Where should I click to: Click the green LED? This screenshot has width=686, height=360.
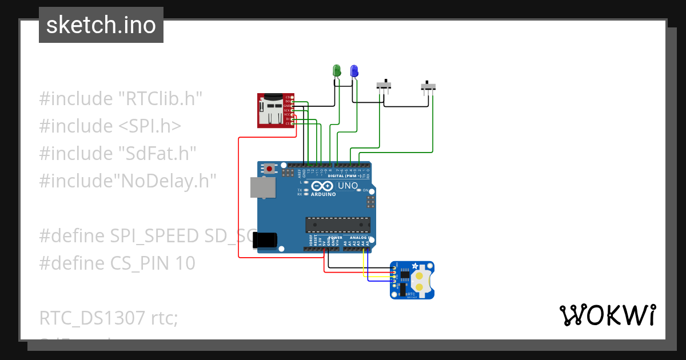337,71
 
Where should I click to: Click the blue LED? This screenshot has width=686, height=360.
354,71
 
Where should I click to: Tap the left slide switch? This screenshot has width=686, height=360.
384,86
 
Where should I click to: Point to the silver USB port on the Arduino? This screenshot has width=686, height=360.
262,187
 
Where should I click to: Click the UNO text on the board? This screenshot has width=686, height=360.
348,186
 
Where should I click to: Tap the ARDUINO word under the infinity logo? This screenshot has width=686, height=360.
323,194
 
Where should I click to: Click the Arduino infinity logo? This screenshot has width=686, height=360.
322,186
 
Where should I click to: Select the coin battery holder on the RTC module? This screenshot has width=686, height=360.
421,280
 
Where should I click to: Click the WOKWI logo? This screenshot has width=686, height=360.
607,315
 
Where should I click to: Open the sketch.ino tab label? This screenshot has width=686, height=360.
101,25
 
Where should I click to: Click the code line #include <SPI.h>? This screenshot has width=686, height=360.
110,126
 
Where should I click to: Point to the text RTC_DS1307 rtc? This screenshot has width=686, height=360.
109,318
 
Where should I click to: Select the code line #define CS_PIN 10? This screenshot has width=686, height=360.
117,263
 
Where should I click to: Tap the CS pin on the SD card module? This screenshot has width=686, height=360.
292,123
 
